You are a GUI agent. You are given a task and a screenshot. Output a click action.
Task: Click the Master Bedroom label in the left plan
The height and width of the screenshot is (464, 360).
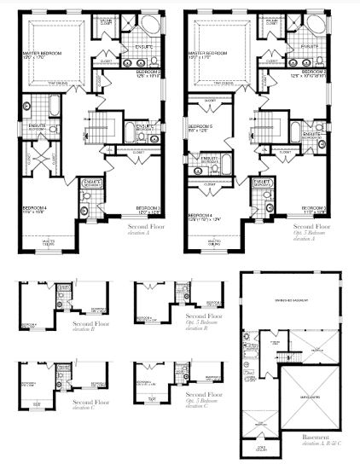tap(43, 55)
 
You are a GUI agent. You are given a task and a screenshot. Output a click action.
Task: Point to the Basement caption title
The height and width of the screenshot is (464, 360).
tap(321, 438)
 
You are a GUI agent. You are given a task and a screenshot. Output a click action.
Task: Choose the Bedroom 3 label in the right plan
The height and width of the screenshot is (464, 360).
tap(314, 207)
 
